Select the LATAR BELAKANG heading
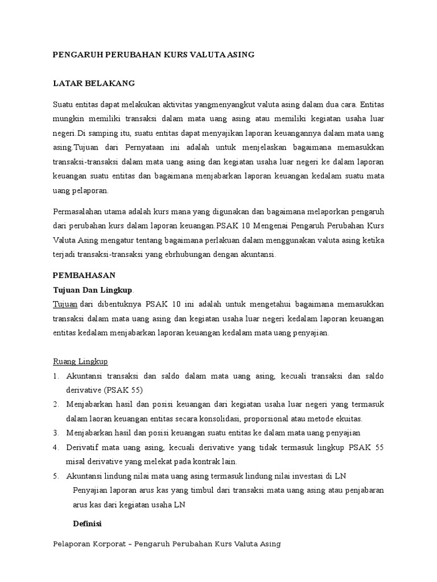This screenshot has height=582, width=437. (93, 83)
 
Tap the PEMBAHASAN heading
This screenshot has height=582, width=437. (84, 275)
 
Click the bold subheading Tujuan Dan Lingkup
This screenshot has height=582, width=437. (92, 290)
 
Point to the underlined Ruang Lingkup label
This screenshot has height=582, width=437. (80, 361)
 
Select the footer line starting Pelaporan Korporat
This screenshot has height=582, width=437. (167, 544)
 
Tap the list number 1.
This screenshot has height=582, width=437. (56, 376)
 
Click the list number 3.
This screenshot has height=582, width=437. (56, 433)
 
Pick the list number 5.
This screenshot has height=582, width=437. (56, 476)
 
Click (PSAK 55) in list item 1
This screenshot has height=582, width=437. (123, 390)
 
